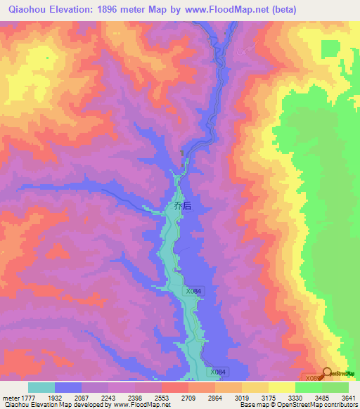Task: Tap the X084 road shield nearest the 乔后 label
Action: (x=194, y=291)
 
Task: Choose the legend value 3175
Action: (x=282, y=398)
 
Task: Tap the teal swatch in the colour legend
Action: (x=41, y=387)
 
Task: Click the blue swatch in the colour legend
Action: (x=68, y=387)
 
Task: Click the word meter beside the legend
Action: (x=8, y=398)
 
